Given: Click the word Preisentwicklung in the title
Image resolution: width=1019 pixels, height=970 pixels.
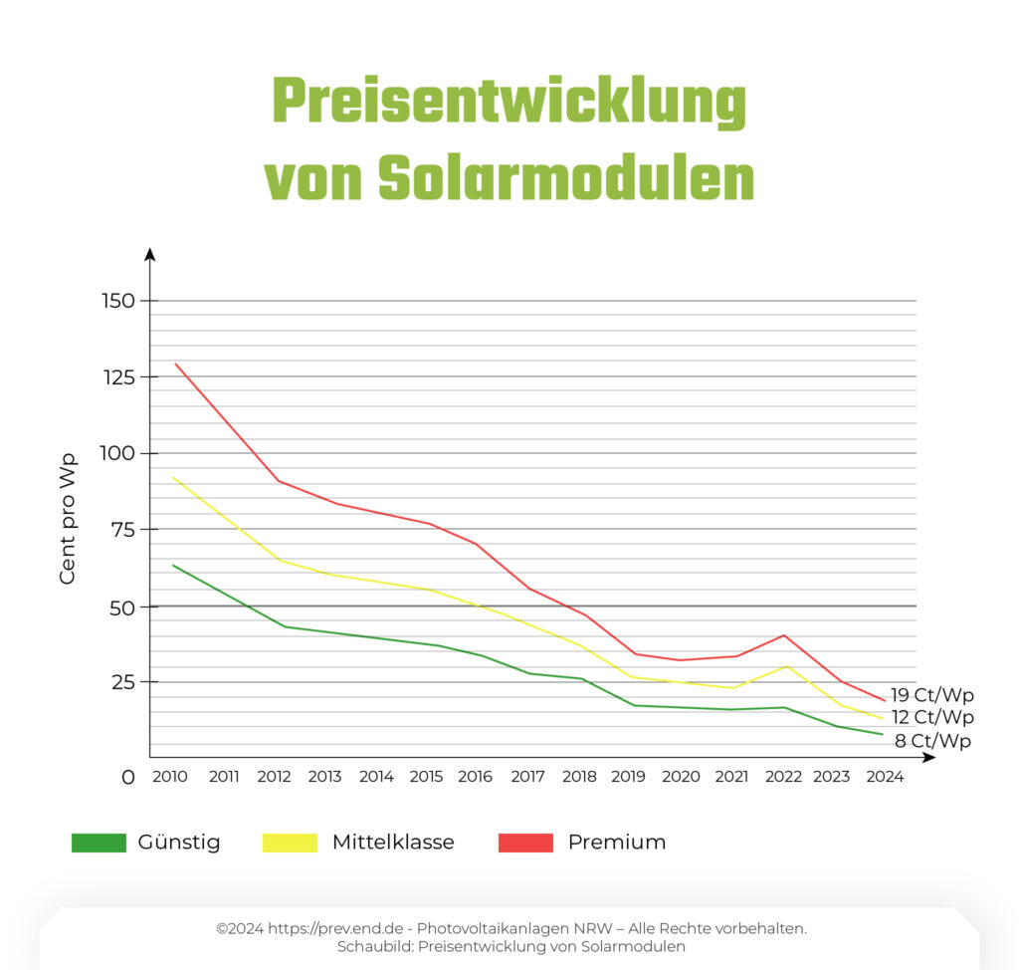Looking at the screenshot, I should click(x=509, y=103).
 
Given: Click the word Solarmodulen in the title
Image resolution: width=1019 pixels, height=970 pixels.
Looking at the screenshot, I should click(x=566, y=179).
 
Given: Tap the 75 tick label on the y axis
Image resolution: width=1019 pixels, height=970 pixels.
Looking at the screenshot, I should click(x=126, y=530).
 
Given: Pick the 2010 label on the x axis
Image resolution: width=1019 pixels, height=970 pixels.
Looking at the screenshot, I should click(x=170, y=777).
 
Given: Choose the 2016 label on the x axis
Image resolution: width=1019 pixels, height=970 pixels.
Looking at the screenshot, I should click(x=475, y=777).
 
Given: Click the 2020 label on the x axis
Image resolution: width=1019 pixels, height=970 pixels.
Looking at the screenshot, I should click(x=681, y=777).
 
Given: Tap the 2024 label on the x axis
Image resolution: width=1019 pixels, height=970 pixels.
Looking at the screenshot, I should click(x=885, y=777).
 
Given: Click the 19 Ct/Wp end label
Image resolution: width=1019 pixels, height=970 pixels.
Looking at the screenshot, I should click(x=931, y=695).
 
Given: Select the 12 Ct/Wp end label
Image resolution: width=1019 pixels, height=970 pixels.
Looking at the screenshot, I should click(x=931, y=717).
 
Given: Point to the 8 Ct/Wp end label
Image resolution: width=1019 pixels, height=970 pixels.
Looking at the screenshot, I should click(x=932, y=740).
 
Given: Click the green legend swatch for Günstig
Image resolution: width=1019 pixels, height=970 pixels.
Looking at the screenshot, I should click(x=99, y=843).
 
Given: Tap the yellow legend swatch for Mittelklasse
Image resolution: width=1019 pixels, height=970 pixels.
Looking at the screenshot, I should click(x=290, y=843).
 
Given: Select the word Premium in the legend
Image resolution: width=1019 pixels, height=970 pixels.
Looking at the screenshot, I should click(x=616, y=843).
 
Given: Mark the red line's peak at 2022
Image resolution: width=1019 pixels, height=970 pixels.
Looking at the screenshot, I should click(x=784, y=634).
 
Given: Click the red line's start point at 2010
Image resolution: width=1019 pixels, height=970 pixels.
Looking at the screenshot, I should click(x=175, y=364).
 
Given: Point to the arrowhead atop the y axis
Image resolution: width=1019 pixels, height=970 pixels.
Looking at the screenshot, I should click(x=150, y=254).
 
